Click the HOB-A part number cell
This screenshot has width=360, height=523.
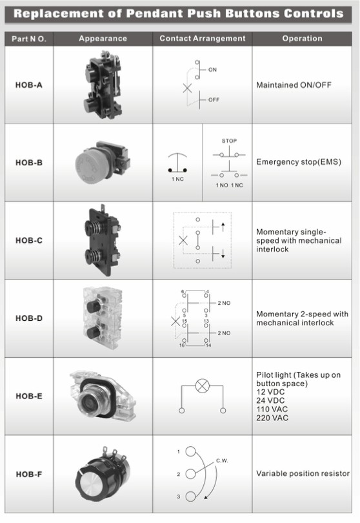[x=28, y=85]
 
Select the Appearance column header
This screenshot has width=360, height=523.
[x=103, y=39]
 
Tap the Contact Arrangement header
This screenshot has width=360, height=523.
[x=203, y=39]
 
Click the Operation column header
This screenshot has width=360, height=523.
[x=303, y=39]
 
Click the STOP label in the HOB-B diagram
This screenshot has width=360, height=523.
[x=229, y=141]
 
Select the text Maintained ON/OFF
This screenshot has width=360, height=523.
[x=294, y=85]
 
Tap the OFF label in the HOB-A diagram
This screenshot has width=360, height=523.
[x=214, y=99]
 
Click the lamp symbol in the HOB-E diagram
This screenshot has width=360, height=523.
[x=202, y=386]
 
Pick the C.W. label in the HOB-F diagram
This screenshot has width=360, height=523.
[x=222, y=460]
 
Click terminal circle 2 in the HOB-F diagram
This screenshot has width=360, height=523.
[x=190, y=474]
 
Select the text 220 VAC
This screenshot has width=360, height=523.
[x=272, y=418]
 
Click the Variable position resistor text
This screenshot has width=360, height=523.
[x=303, y=474]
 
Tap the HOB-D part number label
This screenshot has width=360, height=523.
[x=29, y=318]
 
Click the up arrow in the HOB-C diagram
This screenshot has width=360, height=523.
[x=223, y=227]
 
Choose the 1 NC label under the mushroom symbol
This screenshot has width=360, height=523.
[x=177, y=179]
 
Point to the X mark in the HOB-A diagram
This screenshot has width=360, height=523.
[x=187, y=88]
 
